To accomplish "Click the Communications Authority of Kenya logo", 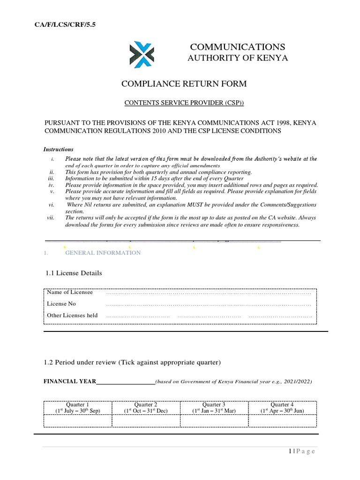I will tap(142, 54).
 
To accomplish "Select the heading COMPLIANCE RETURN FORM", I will tap(184, 84).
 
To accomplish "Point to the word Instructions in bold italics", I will tap(58, 150).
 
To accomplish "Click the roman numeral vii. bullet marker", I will tap(51, 217).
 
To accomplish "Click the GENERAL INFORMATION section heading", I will tap(103, 253).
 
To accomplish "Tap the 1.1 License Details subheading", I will tap(74, 273).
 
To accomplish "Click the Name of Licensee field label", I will tap(70, 292).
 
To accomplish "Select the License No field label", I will tap(61, 304).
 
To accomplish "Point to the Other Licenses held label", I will tap(72, 315).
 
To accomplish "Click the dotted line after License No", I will tap(209, 305).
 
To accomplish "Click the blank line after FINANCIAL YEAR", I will tap(125, 382).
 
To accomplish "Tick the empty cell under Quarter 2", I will tap(146, 421).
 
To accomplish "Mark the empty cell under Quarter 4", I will tap(282, 421).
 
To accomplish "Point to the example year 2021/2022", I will tap(295, 382).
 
